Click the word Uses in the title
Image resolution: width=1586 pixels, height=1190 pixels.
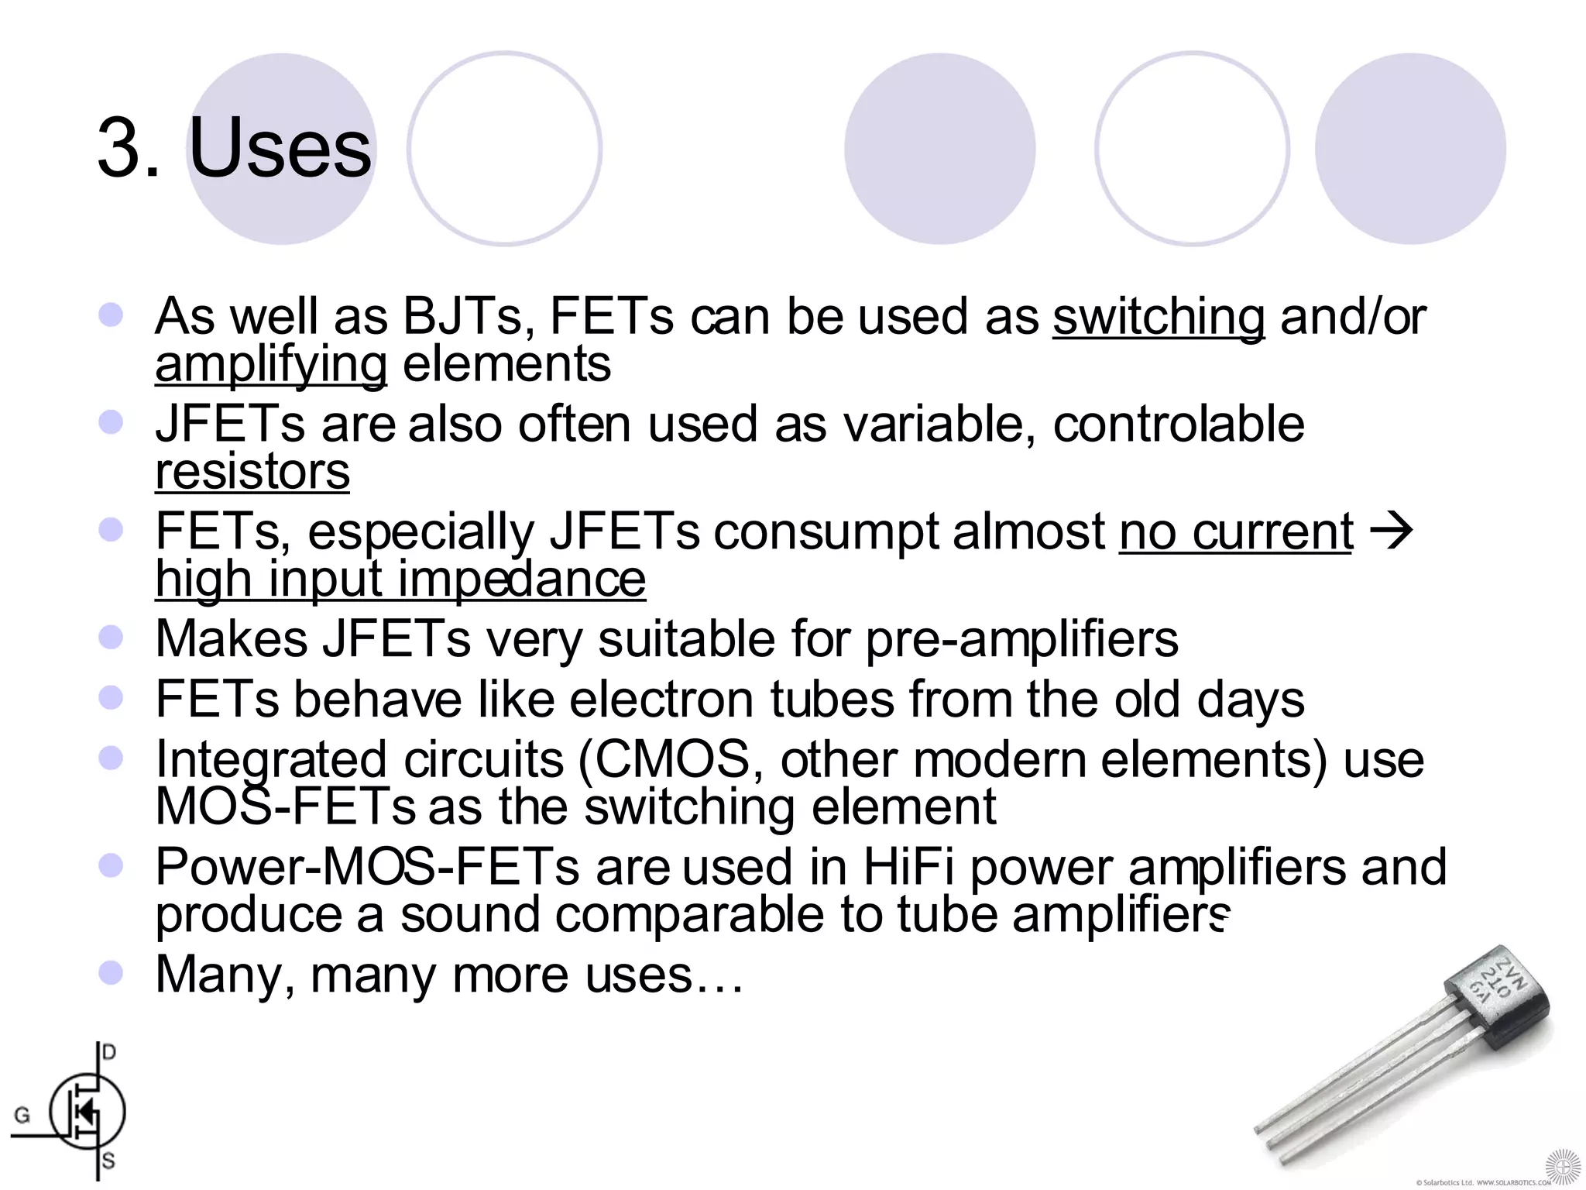click(280, 147)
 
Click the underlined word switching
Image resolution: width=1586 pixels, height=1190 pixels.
click(1159, 318)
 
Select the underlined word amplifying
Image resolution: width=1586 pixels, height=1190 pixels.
click(271, 364)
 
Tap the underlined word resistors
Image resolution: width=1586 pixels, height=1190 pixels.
click(252, 471)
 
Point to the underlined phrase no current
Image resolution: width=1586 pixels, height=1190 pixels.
click(1236, 532)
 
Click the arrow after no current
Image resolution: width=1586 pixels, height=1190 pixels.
click(1392, 532)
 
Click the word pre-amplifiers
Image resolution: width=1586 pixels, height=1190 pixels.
click(1021, 639)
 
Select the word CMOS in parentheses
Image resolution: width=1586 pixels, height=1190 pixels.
click(672, 759)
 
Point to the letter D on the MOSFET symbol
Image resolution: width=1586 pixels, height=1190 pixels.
click(109, 1052)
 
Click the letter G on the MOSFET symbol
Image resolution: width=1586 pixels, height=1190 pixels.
click(22, 1115)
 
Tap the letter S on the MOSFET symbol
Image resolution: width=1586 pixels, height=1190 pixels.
click(108, 1161)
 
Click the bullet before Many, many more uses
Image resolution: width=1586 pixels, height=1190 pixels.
click(112, 973)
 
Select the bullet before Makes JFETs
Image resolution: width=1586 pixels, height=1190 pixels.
click(112, 637)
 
